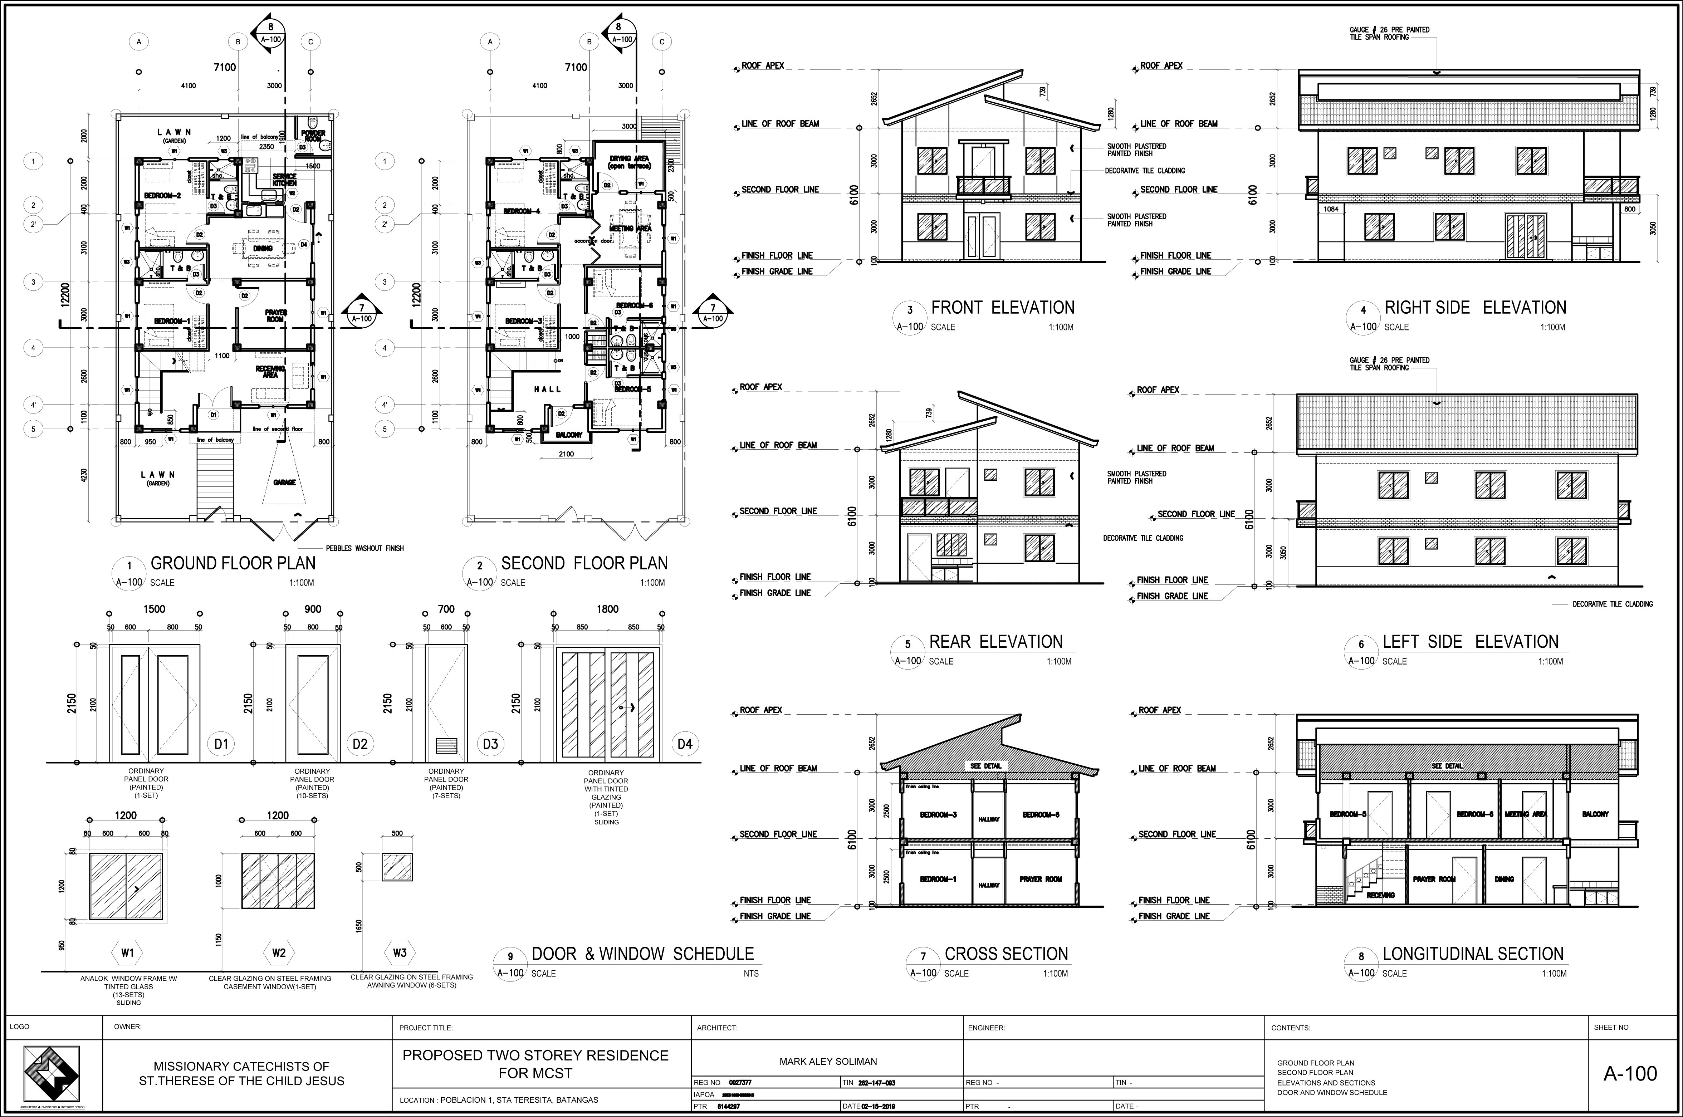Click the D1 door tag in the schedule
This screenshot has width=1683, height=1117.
coord(221,744)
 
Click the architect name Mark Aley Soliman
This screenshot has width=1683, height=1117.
coord(828,1062)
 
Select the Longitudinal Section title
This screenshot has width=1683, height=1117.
coord(1473,954)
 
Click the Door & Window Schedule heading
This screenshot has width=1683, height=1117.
coord(642,954)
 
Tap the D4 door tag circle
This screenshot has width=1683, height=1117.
coord(684,744)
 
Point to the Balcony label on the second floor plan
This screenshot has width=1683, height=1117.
coord(569,435)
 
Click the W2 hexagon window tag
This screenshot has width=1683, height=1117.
coord(279,952)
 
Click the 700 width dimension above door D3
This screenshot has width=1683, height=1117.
coord(446,609)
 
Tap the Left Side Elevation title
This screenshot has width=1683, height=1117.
coord(1470,642)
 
